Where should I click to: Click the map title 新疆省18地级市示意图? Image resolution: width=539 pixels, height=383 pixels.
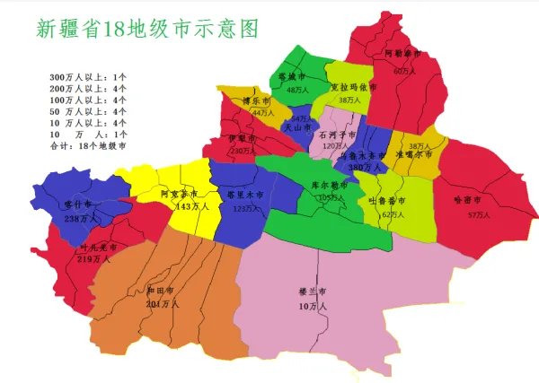(x=149, y=29)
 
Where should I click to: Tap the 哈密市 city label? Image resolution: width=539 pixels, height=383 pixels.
(x=467, y=199)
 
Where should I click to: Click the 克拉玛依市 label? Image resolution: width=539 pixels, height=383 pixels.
(x=350, y=88)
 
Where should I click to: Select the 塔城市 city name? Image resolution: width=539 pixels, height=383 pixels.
(x=293, y=77)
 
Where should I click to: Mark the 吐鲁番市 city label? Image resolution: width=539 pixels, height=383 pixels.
(x=393, y=202)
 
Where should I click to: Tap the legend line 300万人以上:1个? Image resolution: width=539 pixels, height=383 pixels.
(x=88, y=78)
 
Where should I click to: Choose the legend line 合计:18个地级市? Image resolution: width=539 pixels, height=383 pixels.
(x=88, y=144)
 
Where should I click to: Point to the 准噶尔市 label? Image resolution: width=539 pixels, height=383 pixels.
(x=415, y=154)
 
